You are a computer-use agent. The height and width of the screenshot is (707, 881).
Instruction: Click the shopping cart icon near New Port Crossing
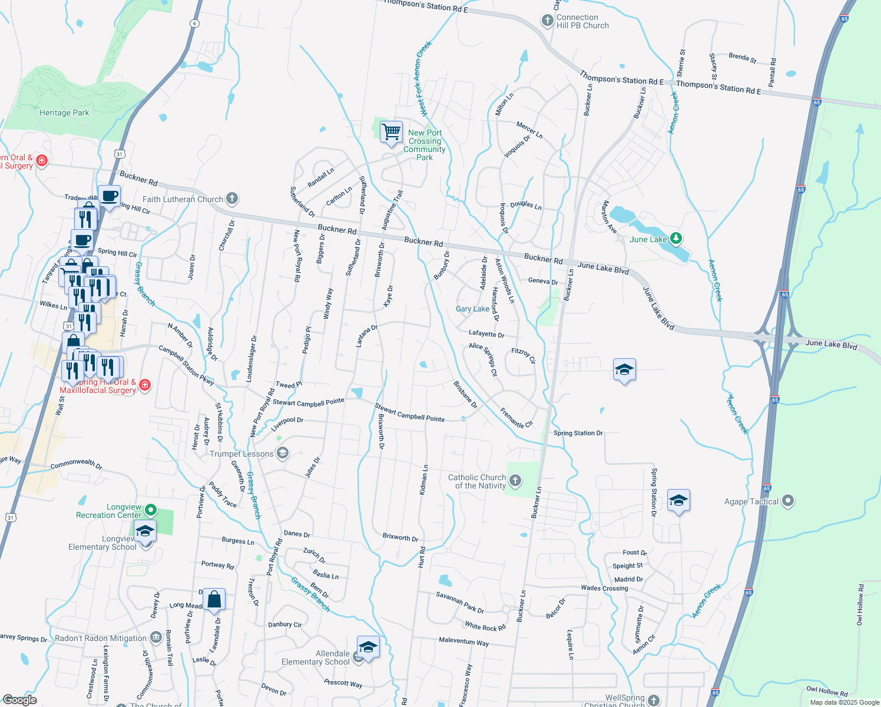click(391, 132)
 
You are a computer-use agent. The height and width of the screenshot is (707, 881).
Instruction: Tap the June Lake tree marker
click(677, 239)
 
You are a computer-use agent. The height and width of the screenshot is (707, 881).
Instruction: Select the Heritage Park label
click(64, 113)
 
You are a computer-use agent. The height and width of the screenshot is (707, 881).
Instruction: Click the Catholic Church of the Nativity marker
click(515, 481)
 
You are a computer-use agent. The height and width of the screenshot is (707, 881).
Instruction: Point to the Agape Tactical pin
click(788, 501)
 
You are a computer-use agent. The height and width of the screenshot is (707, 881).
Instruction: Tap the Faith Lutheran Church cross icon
click(232, 199)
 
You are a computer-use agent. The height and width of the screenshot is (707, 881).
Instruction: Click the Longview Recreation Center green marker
click(151, 510)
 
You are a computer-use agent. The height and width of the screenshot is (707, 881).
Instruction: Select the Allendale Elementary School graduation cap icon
click(368, 647)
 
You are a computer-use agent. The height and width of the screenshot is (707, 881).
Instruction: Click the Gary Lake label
click(472, 309)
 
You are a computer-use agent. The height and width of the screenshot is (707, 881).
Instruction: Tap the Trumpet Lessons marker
click(283, 453)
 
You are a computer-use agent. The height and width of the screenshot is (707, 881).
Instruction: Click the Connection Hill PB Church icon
click(547, 21)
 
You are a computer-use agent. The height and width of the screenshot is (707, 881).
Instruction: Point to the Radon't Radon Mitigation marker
click(155, 637)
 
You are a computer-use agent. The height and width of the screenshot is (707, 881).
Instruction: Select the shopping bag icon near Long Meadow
click(214, 600)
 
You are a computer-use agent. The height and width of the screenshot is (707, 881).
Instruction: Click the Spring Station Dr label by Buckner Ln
click(578, 433)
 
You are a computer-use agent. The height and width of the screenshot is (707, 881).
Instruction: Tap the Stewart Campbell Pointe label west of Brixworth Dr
click(308, 403)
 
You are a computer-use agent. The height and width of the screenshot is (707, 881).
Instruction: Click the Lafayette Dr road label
click(486, 334)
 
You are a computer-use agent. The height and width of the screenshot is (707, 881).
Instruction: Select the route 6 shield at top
click(195, 24)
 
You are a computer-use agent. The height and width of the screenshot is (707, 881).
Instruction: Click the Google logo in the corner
click(19, 700)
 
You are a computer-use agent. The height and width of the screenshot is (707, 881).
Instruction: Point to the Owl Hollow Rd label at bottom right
click(827, 692)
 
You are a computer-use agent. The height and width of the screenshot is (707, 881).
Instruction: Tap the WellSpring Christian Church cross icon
click(654, 700)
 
